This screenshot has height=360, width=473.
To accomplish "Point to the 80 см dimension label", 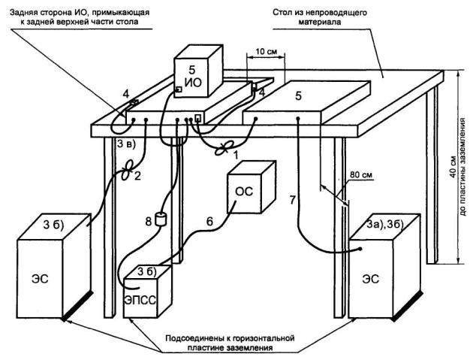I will (359, 179).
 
